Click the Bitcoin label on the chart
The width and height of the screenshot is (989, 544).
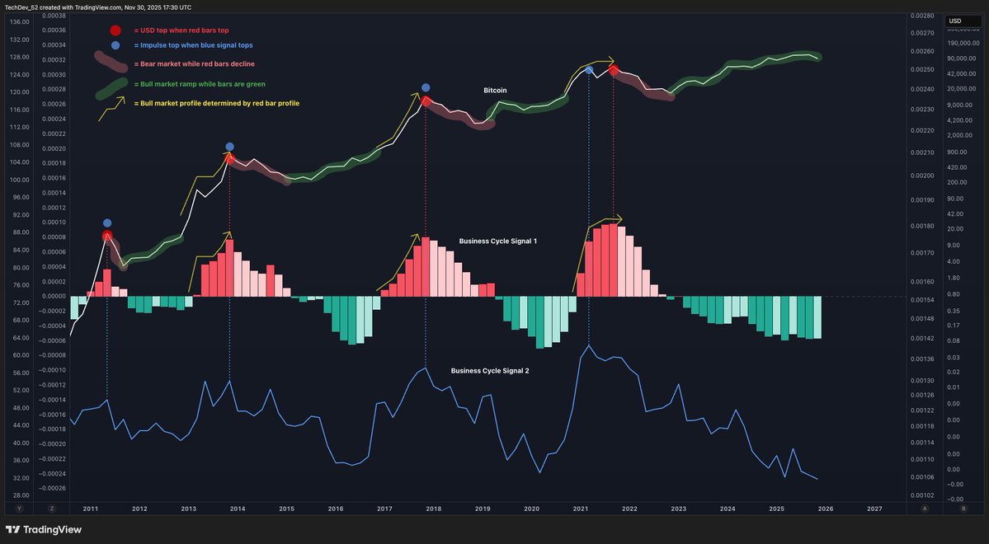coord(495,90)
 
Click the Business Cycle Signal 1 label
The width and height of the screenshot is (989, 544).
coord(498,241)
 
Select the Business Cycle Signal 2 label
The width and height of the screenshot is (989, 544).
coord(490,371)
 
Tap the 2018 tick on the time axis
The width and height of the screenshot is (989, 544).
coord(433,509)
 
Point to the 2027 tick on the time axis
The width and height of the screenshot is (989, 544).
coord(874,509)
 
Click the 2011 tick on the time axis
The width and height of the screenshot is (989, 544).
coord(90,509)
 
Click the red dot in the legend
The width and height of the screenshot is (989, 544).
coord(115,30)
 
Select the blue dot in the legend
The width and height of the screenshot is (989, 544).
coord(115,45)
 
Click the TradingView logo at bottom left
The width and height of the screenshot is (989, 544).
coord(45,530)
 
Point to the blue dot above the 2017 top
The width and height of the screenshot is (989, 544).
coord(426,87)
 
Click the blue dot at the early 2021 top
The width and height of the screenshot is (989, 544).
coord(589,71)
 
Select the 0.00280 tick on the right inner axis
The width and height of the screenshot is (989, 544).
coord(922,16)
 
